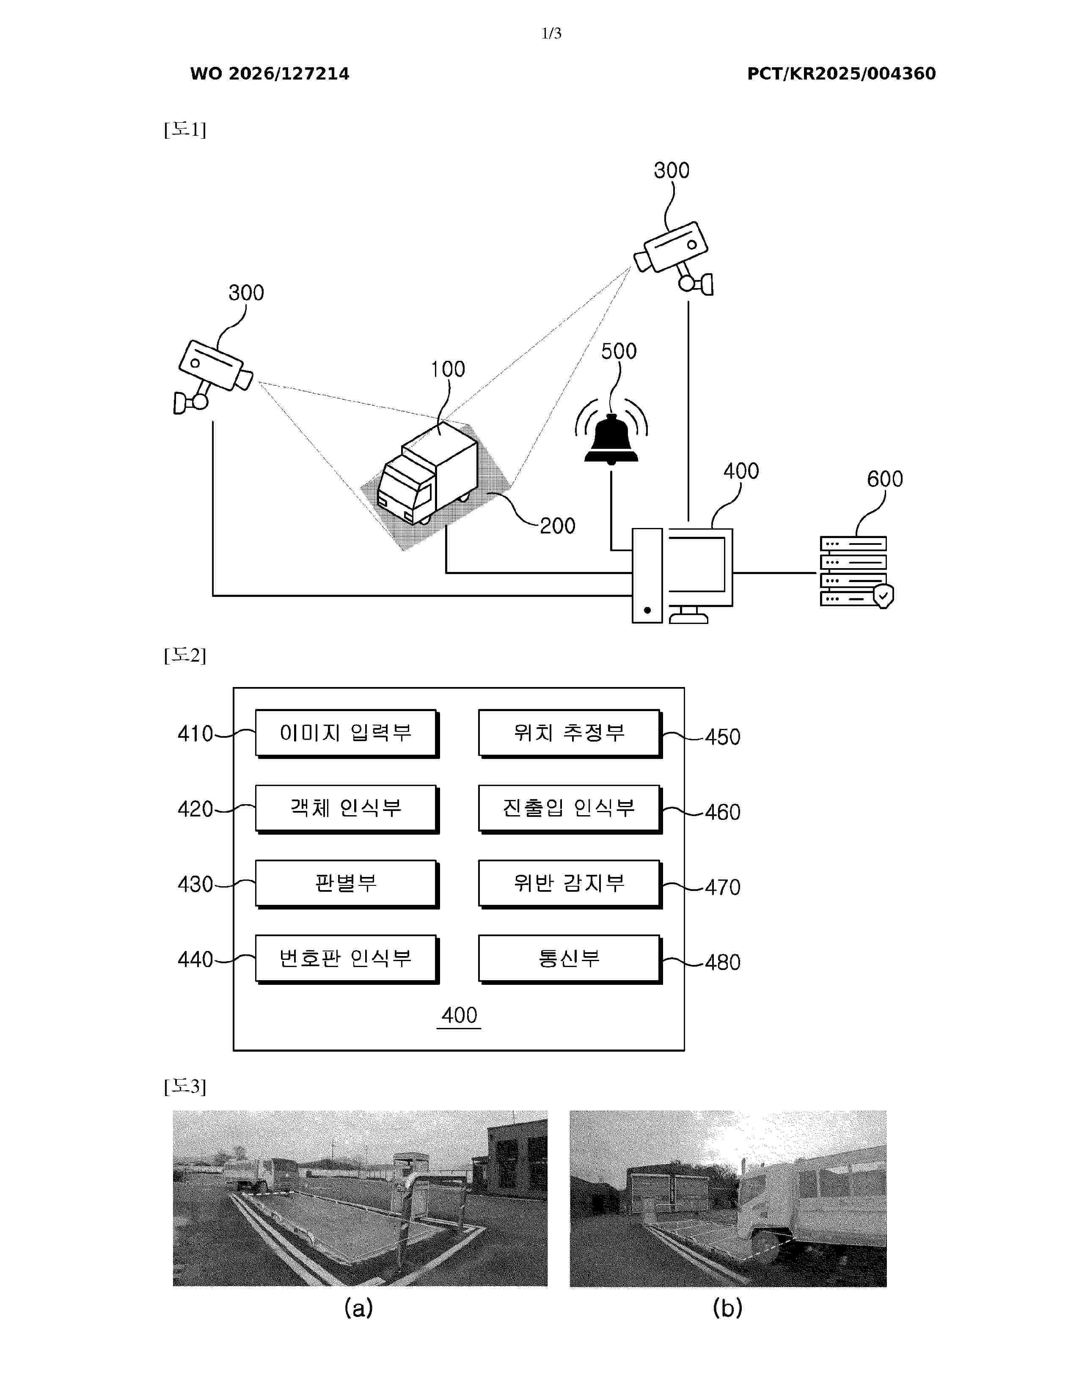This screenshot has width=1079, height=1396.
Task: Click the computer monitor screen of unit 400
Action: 696,564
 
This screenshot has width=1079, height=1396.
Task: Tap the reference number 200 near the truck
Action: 557,526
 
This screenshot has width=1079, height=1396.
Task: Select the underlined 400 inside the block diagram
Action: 459,1016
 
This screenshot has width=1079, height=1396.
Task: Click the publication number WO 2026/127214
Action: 270,74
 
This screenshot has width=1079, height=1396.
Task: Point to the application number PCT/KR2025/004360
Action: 841,74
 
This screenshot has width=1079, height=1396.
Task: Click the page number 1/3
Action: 551,33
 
